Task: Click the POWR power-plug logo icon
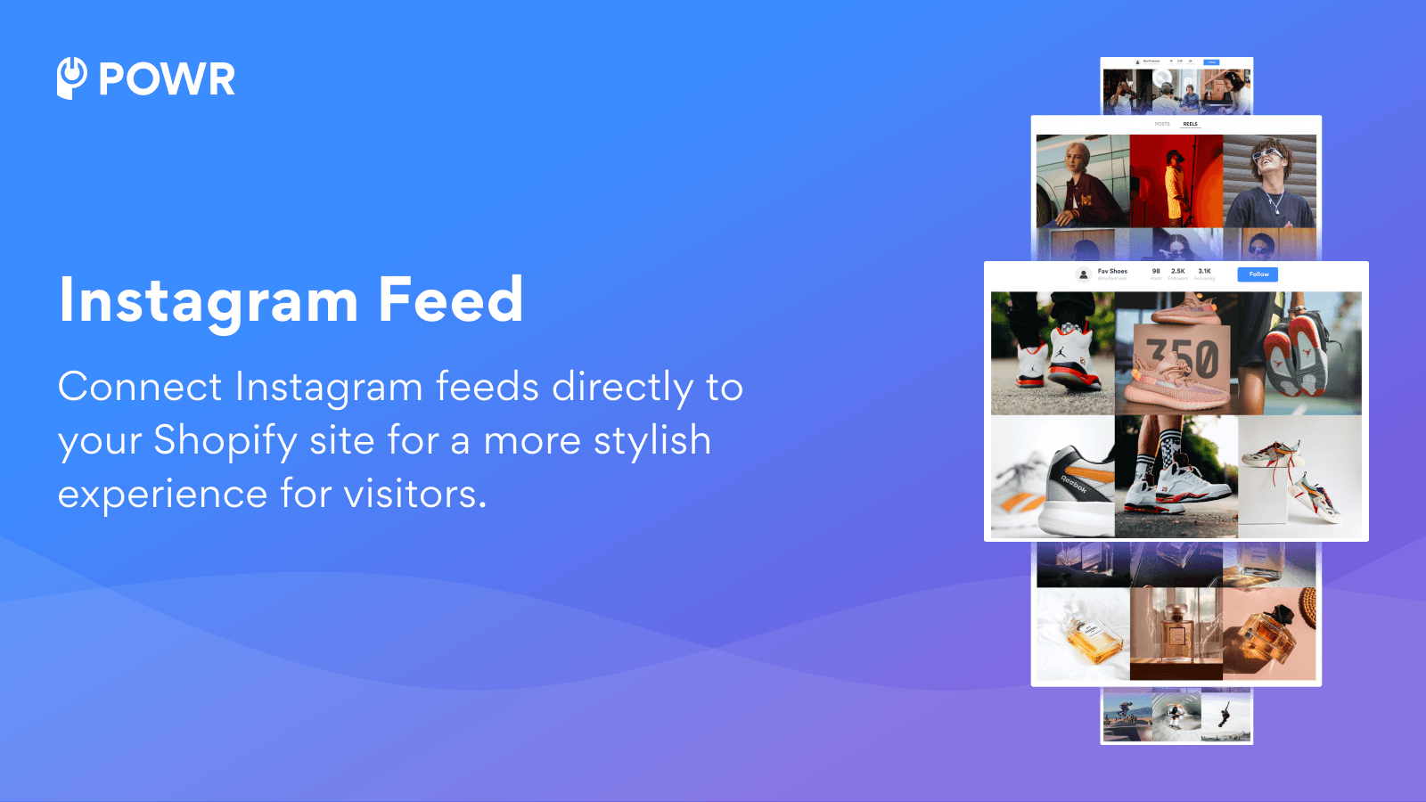[71, 78]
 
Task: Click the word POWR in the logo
[167, 79]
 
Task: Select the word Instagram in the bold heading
[209, 301]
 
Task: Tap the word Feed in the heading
[450, 299]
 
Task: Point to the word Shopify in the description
[225, 441]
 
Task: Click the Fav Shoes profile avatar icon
[1084, 274]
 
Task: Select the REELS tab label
[1190, 124]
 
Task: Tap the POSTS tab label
[1162, 124]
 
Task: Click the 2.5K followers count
[1178, 271]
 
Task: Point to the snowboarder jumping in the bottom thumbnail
[1225, 715]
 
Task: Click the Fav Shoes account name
[1112, 271]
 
